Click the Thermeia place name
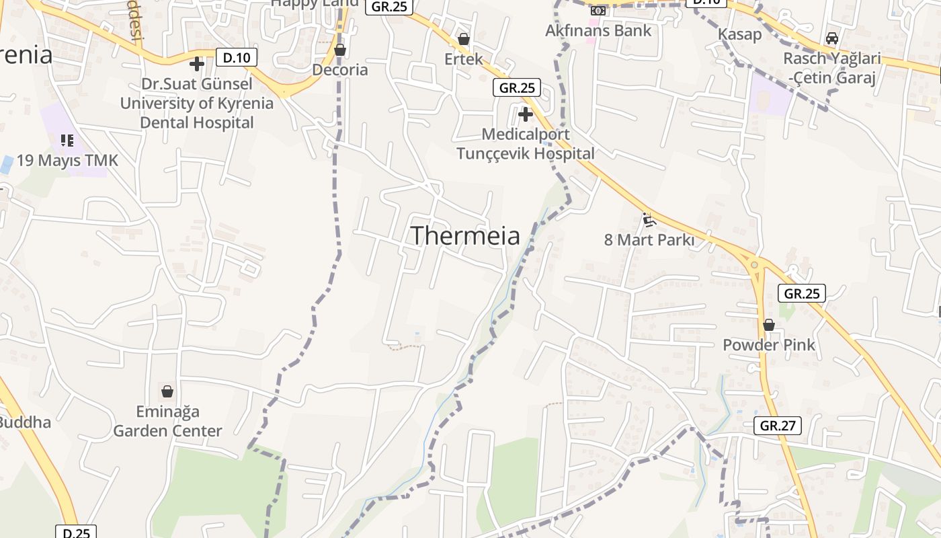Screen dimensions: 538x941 pos(465,236)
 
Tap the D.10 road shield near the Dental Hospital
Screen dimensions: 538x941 pos(237,58)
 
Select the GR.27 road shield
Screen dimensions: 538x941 pos(778,425)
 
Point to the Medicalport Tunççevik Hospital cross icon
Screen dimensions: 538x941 pos(526,114)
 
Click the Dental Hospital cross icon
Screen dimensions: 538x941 pos(197,65)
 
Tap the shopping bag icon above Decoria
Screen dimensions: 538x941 pos(340,50)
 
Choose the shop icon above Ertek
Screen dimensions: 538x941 pos(463,40)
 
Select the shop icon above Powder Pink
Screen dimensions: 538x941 pos(769,325)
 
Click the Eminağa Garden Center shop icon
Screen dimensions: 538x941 pos(167,391)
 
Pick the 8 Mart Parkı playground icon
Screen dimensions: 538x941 pos(648,219)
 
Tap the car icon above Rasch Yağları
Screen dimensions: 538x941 pos(832,38)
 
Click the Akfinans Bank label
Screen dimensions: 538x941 pos(598,30)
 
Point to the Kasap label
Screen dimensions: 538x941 pos(740,34)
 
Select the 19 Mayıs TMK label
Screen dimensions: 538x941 pos(67,160)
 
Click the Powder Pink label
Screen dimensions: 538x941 pos(769,345)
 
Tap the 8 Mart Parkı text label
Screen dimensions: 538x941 pos(649,239)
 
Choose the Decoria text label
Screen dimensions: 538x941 pos(340,70)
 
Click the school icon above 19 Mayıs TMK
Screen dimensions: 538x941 pos(67,140)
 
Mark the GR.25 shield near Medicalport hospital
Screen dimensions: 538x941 pos(517,87)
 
